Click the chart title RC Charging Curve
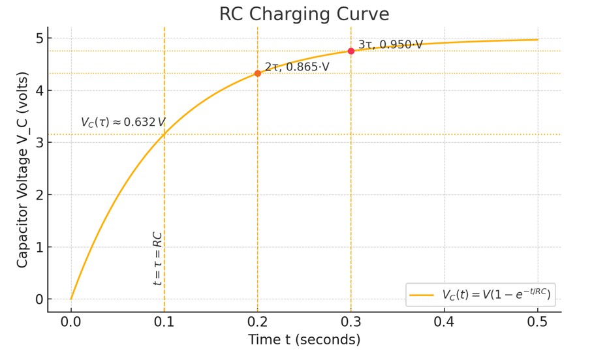point(304,14)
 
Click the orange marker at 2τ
point(258,73)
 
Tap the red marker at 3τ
point(351,51)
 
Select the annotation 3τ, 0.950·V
point(390,44)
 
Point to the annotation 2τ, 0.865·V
point(297,67)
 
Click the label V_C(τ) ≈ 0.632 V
point(123,122)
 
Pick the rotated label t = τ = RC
point(157,258)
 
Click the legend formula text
point(496,295)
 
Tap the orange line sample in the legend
point(422,295)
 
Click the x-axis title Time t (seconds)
point(304,340)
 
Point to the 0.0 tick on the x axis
point(71,322)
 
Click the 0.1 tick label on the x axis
point(164,322)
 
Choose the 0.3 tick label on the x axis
point(351,322)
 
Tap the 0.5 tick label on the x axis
point(538,322)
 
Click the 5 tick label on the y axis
point(39,38)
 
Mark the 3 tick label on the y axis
point(39,143)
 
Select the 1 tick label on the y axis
point(39,247)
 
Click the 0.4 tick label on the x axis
point(444,322)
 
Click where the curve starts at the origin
point(71,299)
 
